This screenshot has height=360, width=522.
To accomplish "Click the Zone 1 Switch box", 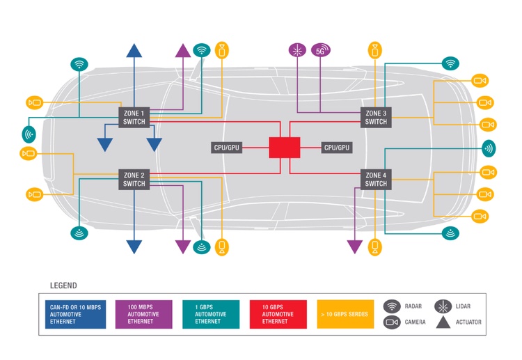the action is [134, 117].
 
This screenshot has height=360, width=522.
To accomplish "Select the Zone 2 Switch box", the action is [134, 179].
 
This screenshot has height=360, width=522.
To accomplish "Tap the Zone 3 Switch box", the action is [376, 117].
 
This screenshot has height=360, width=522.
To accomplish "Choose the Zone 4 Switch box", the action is [376, 179].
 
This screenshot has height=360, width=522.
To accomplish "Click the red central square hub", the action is [285, 148].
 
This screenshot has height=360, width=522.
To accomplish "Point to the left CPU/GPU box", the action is [226, 148].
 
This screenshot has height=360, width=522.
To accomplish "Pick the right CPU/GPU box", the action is [337, 148].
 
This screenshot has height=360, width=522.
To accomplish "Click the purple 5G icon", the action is [321, 50].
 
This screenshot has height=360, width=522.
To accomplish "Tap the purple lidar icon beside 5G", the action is [297, 50].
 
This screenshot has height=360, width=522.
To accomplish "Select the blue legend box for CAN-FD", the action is [76, 314].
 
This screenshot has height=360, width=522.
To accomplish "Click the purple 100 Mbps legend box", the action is [144, 314].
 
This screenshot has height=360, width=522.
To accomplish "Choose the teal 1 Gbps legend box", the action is [211, 314].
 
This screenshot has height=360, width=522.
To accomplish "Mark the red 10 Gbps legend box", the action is [278, 314].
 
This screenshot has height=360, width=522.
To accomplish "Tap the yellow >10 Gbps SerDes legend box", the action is [345, 314].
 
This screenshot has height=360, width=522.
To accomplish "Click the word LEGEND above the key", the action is [63, 285].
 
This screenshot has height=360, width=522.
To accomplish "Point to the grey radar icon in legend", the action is [392, 306].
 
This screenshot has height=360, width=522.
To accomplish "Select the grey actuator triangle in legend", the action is [443, 322].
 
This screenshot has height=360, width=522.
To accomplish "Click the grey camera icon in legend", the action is [392, 322].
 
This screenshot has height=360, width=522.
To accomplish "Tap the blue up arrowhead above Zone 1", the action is [134, 50].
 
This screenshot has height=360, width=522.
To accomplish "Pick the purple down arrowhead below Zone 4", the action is [355, 247].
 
